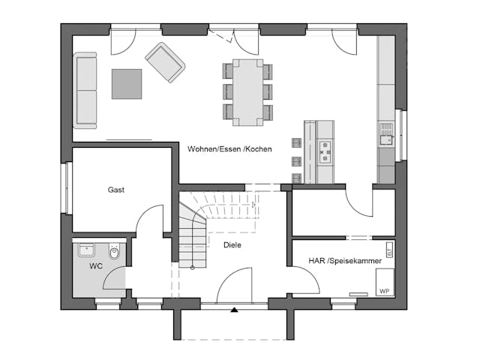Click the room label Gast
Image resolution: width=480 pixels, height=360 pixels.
115,190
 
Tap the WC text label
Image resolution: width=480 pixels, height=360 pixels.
96,266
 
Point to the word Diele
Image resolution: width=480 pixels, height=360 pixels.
232,245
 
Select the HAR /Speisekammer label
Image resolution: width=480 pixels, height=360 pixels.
344,261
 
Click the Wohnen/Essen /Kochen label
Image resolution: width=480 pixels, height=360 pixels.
229,149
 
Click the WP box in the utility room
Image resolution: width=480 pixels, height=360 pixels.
383,290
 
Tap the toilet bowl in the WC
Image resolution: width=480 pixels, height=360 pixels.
114,253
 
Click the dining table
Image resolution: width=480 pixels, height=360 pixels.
247,91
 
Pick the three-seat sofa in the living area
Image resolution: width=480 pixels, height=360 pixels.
85,90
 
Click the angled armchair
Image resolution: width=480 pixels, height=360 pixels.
165,61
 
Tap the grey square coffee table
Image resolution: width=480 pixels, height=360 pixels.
127,83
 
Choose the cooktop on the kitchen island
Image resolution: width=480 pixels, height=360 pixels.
325,151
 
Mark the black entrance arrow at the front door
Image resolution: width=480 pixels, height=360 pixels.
234,309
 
